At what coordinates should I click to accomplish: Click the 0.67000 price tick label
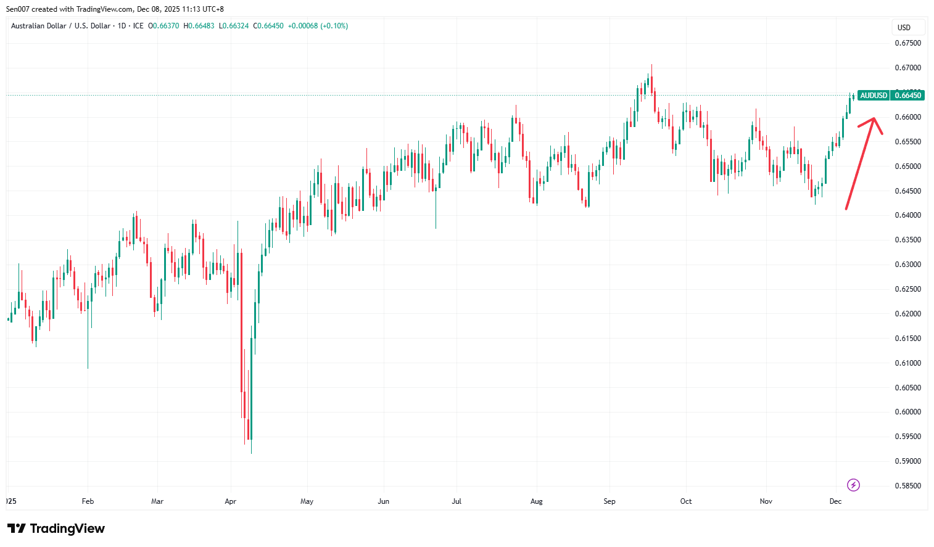(907, 68)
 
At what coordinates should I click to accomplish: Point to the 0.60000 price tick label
(907, 412)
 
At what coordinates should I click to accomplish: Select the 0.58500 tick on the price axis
(907, 486)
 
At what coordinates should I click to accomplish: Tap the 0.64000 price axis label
(907, 215)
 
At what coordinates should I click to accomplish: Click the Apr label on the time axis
(231, 501)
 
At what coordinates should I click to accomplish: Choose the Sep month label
(610, 501)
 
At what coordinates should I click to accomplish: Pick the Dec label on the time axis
(835, 501)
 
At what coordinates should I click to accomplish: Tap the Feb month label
(88, 501)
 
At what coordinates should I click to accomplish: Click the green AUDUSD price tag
(874, 96)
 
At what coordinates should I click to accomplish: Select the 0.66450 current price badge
(908, 96)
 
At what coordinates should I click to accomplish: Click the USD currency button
(904, 28)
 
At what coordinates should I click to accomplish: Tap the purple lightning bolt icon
(853, 485)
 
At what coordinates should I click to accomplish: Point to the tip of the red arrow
(874, 118)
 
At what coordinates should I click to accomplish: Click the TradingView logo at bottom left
(56, 528)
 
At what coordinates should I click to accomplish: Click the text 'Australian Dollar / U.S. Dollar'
(60, 26)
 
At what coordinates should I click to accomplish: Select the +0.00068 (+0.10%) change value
(318, 26)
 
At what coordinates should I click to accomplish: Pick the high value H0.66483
(199, 26)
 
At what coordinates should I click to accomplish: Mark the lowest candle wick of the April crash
(251, 453)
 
